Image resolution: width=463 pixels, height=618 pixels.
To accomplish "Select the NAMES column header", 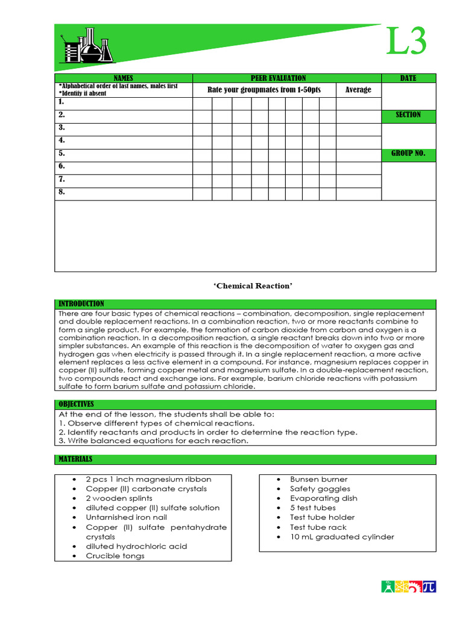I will tap(123, 78).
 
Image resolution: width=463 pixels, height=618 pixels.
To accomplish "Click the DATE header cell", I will tap(408, 78).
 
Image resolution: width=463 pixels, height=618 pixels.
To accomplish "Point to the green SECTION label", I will tap(408, 115).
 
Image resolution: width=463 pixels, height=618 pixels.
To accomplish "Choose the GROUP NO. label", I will tap(408, 153).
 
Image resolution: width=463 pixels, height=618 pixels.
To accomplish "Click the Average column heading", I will tap(358, 90).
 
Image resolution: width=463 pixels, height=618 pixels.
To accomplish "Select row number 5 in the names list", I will tap(61, 153).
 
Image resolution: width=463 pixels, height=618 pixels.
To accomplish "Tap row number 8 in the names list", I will tap(61, 193).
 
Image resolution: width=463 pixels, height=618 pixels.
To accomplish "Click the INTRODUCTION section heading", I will tap(81, 304).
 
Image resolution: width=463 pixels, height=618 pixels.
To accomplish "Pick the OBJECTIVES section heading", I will tap(76, 404).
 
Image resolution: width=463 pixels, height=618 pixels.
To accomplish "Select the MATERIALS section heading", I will tap(75, 459).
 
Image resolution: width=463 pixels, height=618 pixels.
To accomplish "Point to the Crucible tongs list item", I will tap(115, 556).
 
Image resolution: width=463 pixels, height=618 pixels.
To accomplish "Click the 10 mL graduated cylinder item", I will tap(342, 537).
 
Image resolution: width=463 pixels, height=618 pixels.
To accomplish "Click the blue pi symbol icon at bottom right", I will tap(429, 587).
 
